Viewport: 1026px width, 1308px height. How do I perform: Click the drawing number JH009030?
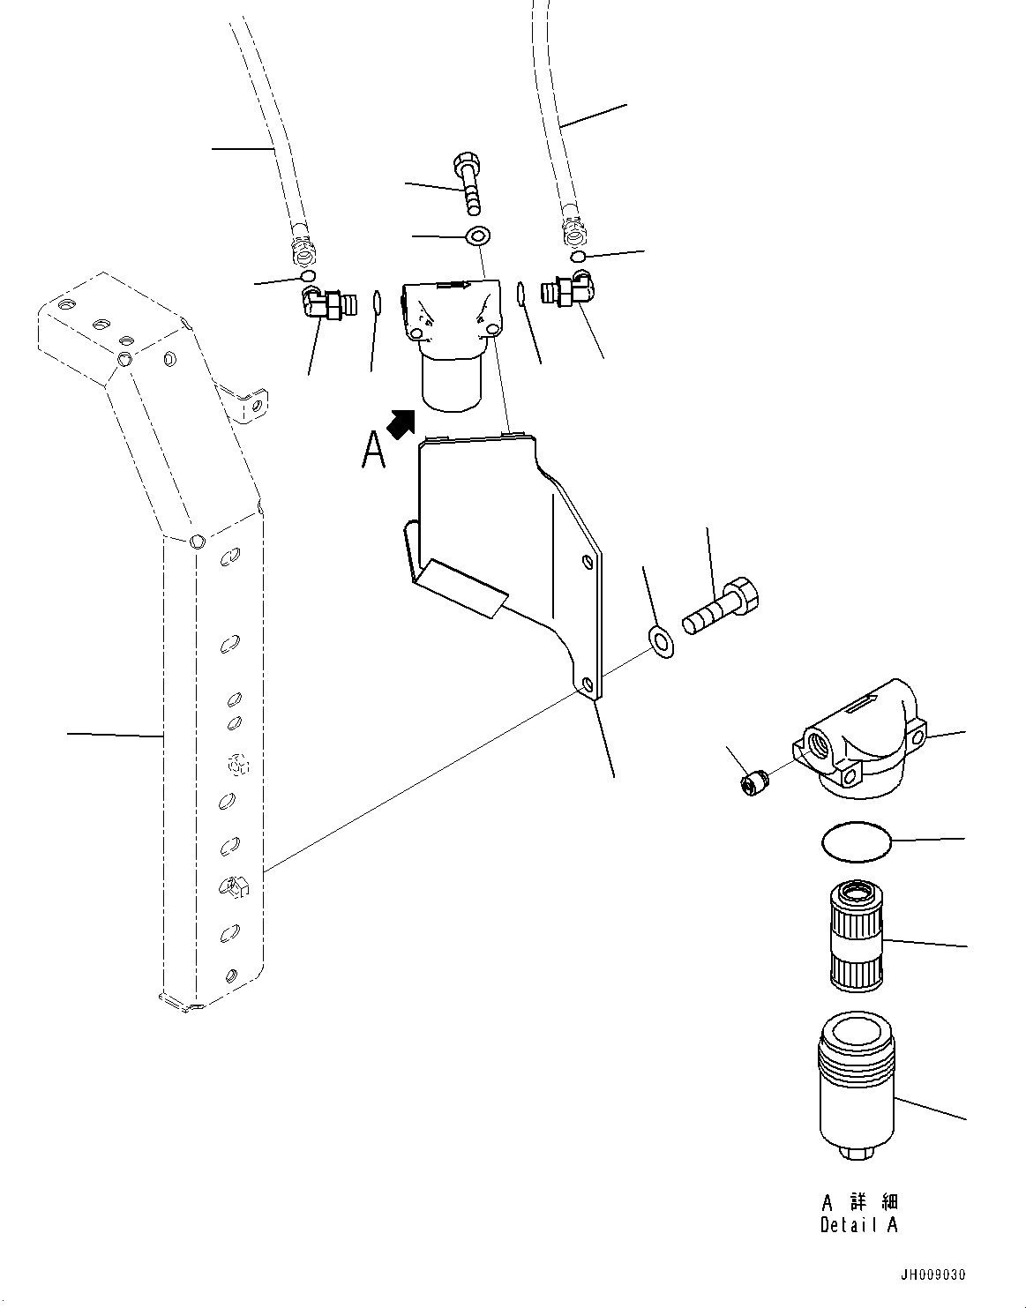[x=932, y=1274]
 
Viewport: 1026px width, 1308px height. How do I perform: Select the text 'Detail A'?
[x=858, y=1225]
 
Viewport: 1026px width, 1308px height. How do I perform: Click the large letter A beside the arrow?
[x=374, y=451]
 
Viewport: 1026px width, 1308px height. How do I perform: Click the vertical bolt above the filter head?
[x=468, y=183]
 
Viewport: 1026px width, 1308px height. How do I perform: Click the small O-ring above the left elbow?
[x=308, y=277]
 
